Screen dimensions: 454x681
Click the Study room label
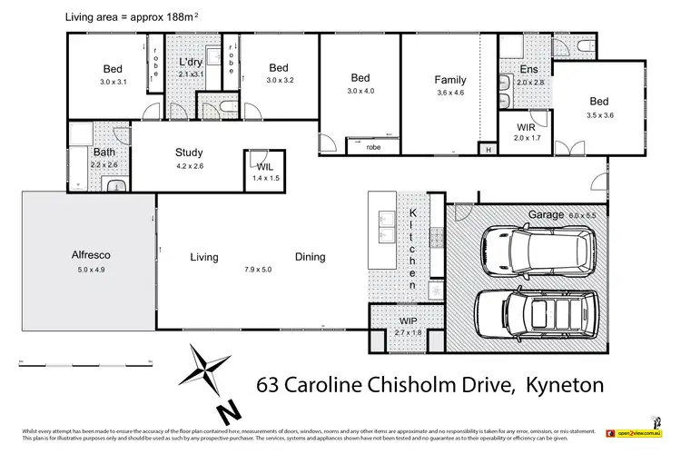[x=189, y=153]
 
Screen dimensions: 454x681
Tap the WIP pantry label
[x=408, y=321]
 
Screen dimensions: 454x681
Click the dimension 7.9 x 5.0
[x=258, y=270]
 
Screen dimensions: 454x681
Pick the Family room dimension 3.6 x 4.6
[x=449, y=92]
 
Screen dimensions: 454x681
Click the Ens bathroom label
[x=528, y=69]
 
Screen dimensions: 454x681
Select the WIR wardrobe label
[x=526, y=126]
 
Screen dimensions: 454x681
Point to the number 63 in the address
[x=271, y=384]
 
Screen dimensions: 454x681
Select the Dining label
[x=310, y=257]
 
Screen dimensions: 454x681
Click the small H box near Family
[x=488, y=150]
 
